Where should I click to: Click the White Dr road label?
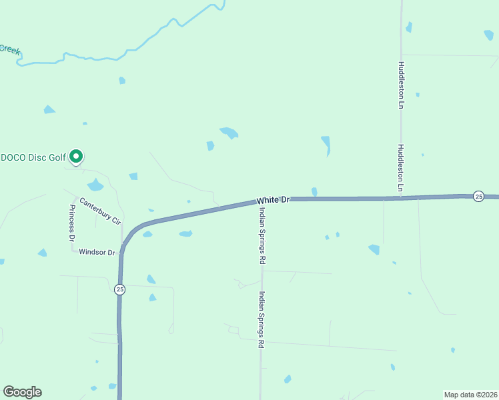pos(274,199)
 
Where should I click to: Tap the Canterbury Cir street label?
pos(100,210)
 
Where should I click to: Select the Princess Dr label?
pos(71,223)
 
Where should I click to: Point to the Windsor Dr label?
pos(97,253)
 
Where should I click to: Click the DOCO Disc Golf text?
pos(33,157)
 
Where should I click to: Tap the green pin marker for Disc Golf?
pos(77,157)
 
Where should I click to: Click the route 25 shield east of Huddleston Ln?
pos(478,196)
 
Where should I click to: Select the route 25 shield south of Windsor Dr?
pos(119,289)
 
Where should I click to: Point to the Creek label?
pos(9,49)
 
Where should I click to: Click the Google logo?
pos(22,392)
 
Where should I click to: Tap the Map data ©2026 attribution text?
pos(470,394)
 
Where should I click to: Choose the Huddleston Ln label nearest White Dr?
pos(402,168)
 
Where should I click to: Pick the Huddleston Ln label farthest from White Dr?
pos(402,85)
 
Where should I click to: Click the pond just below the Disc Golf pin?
pos(95,185)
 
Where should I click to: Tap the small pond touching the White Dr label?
pos(314,192)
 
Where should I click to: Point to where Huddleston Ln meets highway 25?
pos(402,197)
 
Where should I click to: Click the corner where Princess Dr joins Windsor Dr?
pos(73,250)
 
